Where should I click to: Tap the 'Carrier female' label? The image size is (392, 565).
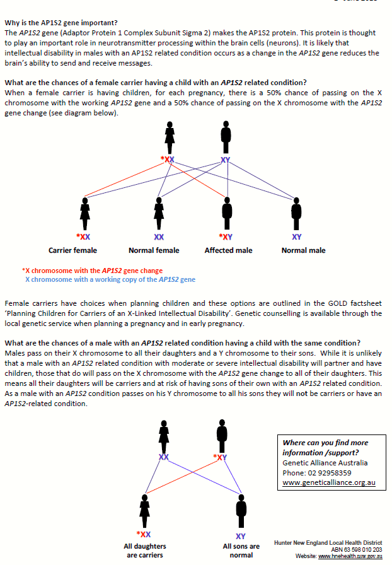coord(73,250)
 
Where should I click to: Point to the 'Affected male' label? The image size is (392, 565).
coord(228,250)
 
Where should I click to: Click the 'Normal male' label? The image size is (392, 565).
coord(303,250)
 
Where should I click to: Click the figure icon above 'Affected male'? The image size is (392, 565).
coord(226,214)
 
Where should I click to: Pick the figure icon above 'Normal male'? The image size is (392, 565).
coord(296,214)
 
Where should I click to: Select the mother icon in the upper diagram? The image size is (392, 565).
coord(169,137)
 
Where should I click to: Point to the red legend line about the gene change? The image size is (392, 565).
coord(92,271)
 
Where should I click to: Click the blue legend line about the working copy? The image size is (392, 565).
coord(110,279)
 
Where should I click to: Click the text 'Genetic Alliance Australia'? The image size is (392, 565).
coord(325,463)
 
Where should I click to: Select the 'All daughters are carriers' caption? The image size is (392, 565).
coord(144,550)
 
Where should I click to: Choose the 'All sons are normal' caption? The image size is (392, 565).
coord(241,550)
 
